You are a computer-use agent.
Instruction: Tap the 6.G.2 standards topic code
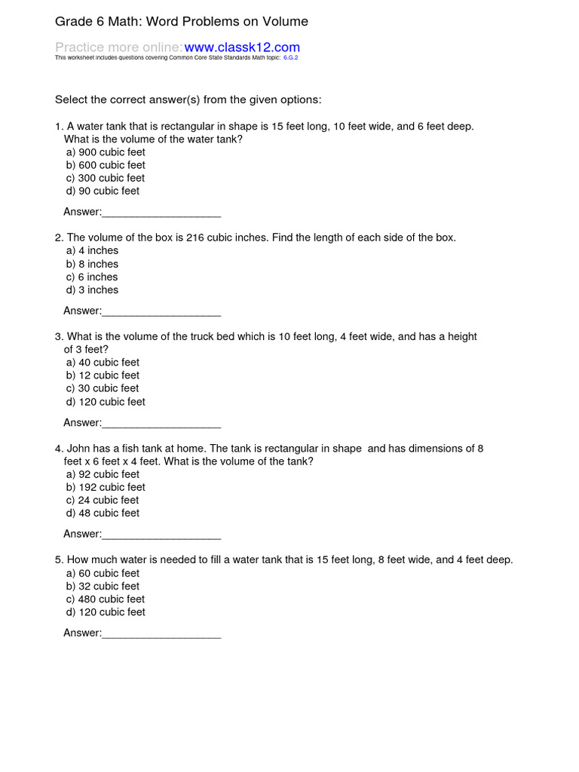[x=290, y=57]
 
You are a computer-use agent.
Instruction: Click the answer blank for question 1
[x=161, y=212]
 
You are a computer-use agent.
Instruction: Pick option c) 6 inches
[x=92, y=277]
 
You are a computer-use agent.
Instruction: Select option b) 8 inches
[x=92, y=264]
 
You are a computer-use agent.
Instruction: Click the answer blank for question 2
[x=161, y=311]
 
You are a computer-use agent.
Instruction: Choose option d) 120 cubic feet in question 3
[x=106, y=402]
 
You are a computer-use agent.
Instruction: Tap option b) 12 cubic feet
[x=103, y=375]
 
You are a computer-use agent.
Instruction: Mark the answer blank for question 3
[x=161, y=422]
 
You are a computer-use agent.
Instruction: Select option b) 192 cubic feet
[x=106, y=487]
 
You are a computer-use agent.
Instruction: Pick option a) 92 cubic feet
[x=103, y=474]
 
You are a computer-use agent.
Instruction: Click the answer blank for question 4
[x=161, y=534]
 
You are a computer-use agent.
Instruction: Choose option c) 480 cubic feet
[x=106, y=599]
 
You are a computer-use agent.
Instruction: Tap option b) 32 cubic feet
[x=103, y=586]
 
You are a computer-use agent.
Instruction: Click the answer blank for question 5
[x=161, y=633]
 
